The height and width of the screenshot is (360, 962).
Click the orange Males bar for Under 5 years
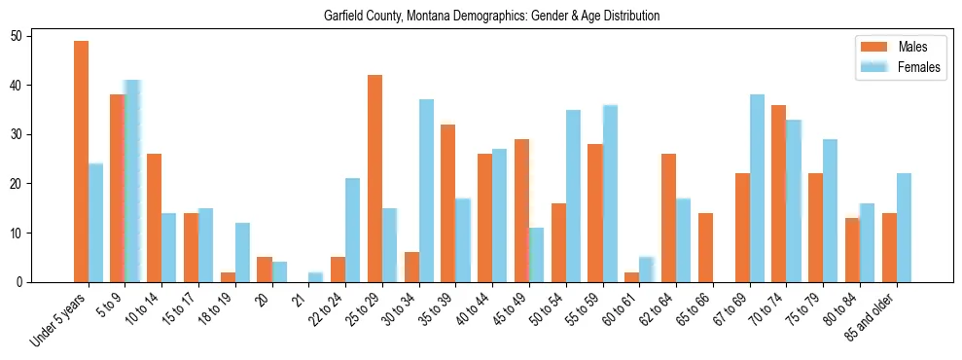tap(81, 162)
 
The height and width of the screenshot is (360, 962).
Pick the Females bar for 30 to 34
tap(426, 191)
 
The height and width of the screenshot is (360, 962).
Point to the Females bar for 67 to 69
tap(757, 188)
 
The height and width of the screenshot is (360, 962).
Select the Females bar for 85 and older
tap(904, 228)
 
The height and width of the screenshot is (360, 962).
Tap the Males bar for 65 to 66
tap(705, 247)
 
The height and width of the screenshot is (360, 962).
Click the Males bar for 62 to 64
tap(668, 218)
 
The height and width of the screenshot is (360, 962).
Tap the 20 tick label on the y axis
tap(23, 184)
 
